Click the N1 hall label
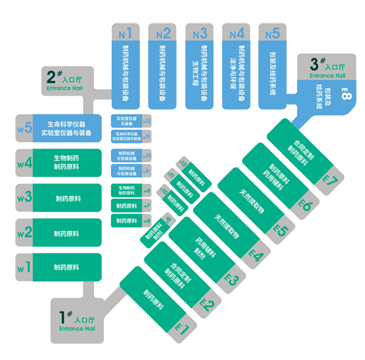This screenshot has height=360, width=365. click(x=125, y=33)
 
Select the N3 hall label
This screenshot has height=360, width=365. click(x=200, y=33)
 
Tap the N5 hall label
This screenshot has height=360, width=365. click(x=273, y=33)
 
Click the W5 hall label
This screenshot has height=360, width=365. click(x=23, y=129)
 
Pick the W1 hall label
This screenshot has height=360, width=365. click(x=23, y=267)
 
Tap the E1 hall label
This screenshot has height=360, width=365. click(x=181, y=328)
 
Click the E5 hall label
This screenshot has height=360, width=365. click(x=279, y=230)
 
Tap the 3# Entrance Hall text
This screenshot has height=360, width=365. click(x=327, y=67)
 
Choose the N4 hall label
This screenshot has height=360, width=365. click(x=237, y=33)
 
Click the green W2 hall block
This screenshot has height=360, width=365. click(x=67, y=234)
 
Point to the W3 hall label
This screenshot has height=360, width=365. click(x=23, y=198)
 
